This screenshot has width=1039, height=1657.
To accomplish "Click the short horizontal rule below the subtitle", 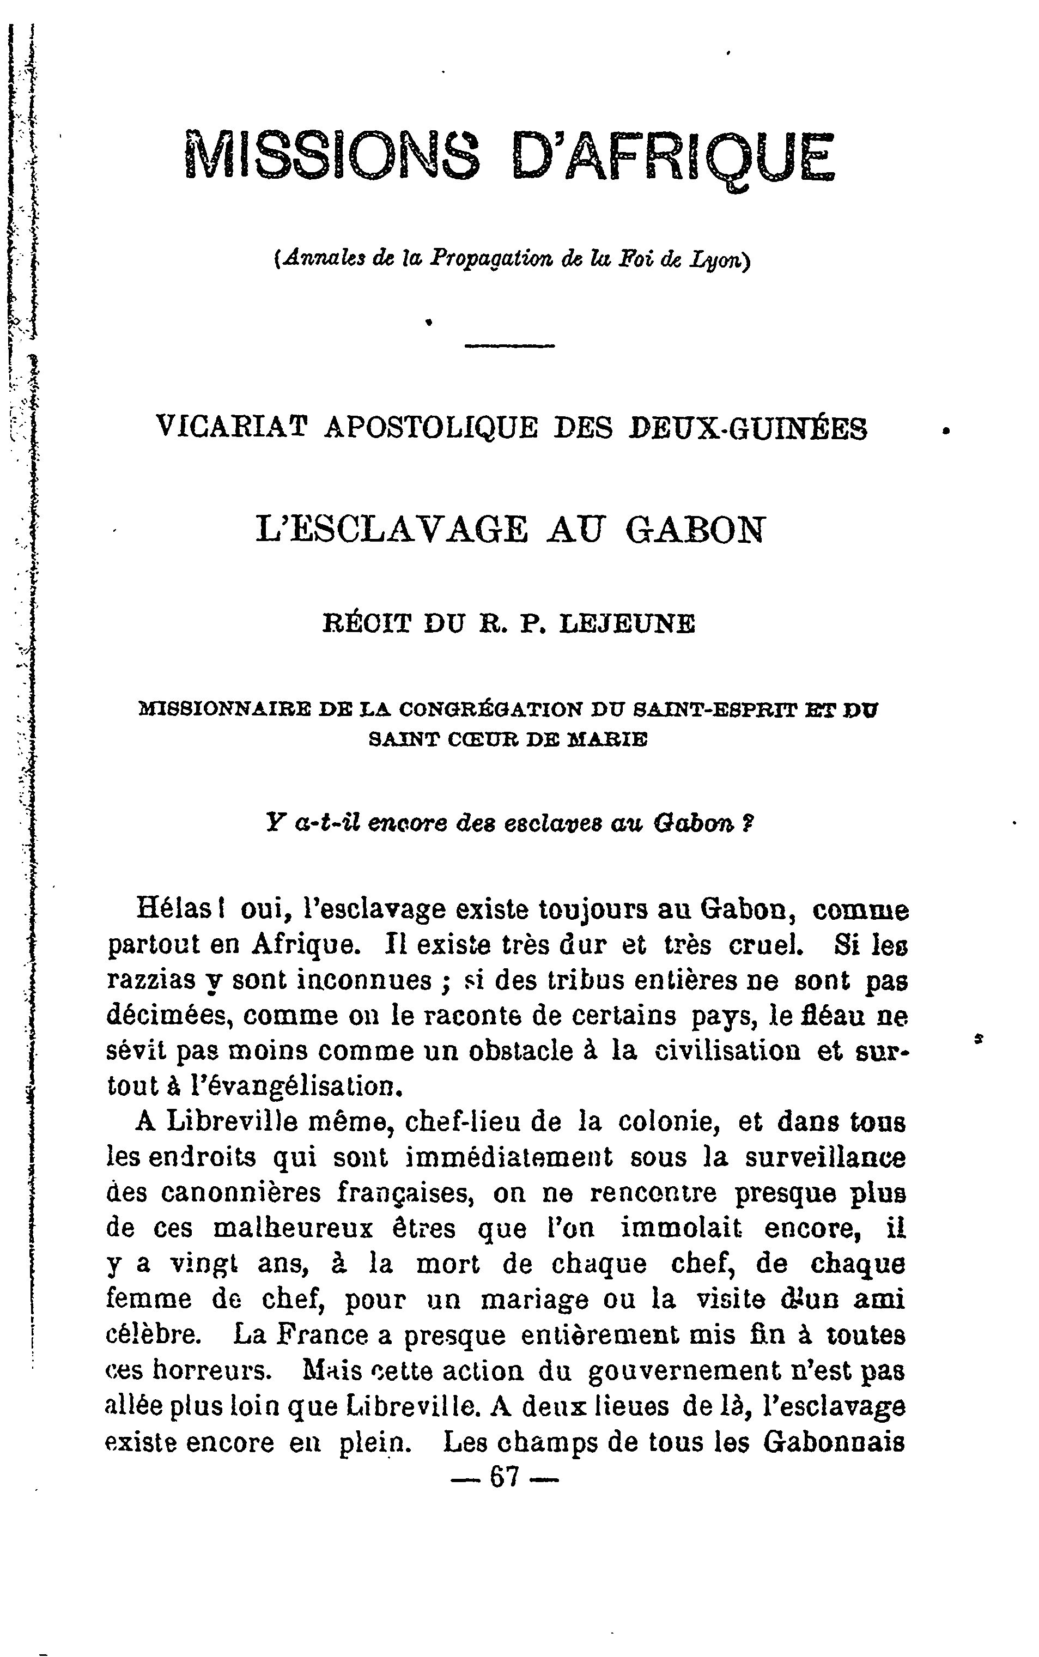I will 509,345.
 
